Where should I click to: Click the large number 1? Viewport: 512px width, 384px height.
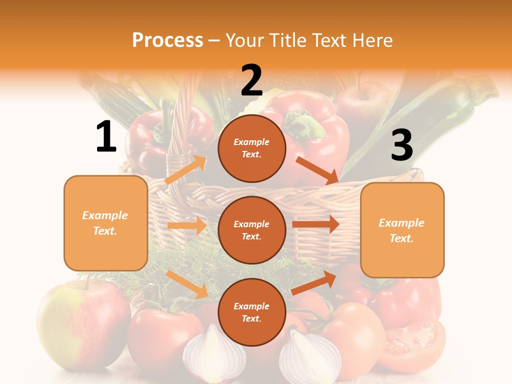[x=106, y=137]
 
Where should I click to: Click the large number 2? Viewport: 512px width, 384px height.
[x=252, y=81]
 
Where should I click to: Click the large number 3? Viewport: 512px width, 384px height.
[x=402, y=146]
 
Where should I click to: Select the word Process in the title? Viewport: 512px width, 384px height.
[x=167, y=40]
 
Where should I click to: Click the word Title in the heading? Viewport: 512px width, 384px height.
[x=289, y=40]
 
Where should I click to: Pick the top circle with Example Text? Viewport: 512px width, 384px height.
[x=252, y=148]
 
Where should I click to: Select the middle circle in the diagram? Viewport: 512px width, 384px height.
[x=252, y=230]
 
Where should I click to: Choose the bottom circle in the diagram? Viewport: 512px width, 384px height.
[x=252, y=312]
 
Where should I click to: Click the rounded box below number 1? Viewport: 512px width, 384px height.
[x=106, y=223]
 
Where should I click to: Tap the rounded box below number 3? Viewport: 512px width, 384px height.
[x=402, y=230]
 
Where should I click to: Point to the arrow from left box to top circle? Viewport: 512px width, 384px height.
[x=186, y=170]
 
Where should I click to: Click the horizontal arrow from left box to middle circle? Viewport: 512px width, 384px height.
[x=187, y=226]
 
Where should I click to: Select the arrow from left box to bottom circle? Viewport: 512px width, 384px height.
[x=187, y=284]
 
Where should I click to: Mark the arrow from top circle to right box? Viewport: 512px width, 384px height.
[x=317, y=170]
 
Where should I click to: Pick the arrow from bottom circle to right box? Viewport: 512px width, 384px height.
[x=314, y=283]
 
